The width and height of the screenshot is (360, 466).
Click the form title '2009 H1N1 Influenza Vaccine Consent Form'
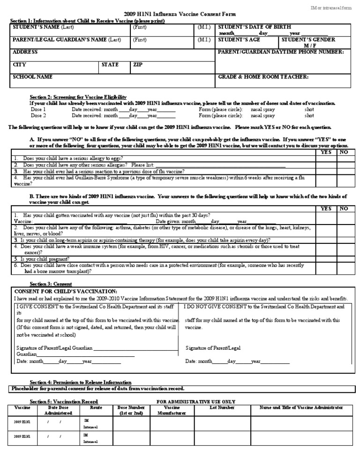tap(180, 15)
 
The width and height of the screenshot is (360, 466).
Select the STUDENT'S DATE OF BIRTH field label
tap(254, 27)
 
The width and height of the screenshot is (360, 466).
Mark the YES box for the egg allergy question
tap(326, 158)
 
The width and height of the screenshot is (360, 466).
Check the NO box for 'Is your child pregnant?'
tap(344, 258)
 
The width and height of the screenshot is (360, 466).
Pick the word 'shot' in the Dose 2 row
tap(309, 115)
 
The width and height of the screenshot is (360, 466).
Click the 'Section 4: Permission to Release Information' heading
tap(81, 382)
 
